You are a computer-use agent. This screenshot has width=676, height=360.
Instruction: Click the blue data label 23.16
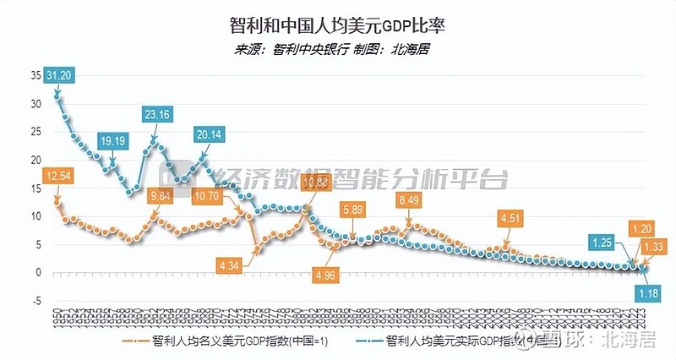[x=158, y=115]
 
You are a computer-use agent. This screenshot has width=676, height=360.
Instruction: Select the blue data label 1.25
[x=602, y=242]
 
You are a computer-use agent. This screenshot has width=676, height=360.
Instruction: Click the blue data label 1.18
[x=646, y=292]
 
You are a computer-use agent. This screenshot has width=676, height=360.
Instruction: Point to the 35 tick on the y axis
[x=35, y=76]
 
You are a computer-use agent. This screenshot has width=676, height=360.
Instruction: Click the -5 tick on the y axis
[x=35, y=300]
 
